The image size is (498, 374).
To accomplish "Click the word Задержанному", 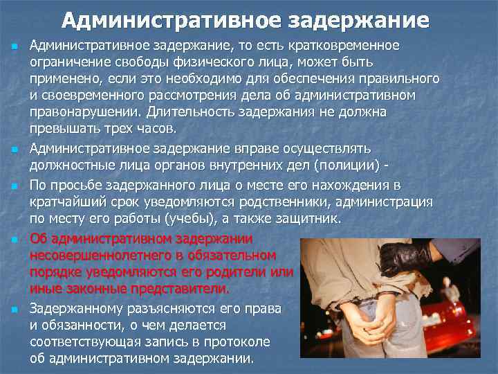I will click(x=77, y=309).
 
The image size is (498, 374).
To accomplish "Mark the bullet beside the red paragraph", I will click(x=13, y=240).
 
